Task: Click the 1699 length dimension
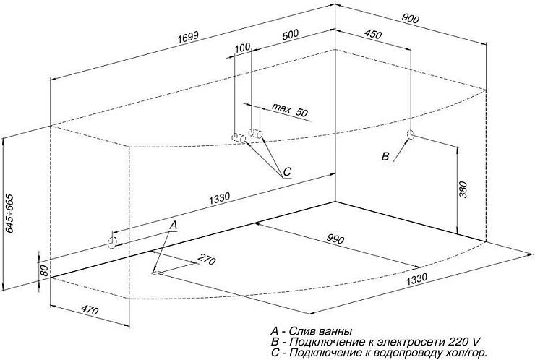(188, 37)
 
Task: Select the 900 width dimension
(410, 19)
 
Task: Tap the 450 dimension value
(373, 34)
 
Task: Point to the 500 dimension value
(290, 35)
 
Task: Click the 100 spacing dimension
(243, 48)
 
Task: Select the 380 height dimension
(463, 189)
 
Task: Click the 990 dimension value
(335, 239)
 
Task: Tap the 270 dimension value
(207, 260)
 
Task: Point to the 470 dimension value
(90, 310)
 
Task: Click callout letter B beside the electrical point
(385, 157)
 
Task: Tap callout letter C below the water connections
(287, 171)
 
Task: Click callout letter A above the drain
(174, 225)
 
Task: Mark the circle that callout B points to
(411, 134)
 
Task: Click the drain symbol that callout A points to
(158, 273)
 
